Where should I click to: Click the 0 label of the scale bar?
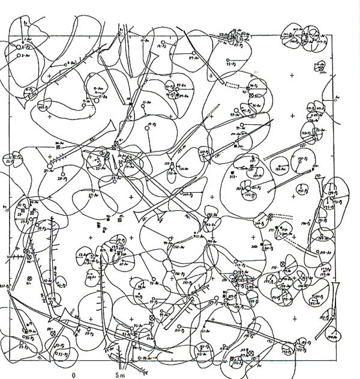[x=74, y=374]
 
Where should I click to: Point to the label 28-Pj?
[x=61, y=178]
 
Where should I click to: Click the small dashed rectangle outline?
[x=247, y=88]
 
